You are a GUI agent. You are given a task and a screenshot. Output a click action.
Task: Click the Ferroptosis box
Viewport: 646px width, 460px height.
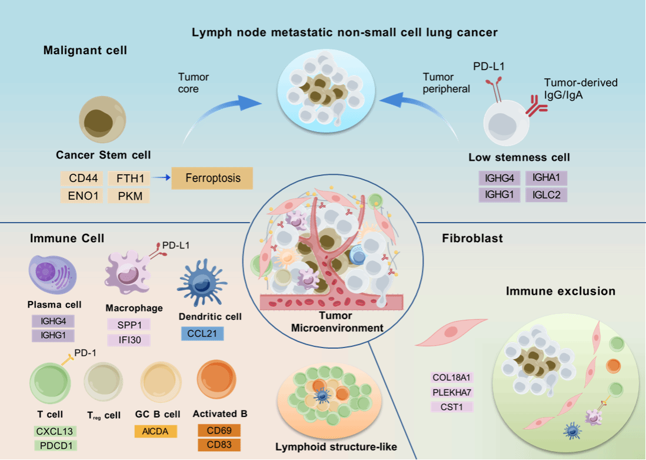tap(212, 178)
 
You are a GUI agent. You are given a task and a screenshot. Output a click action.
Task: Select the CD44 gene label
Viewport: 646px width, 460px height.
tap(82, 177)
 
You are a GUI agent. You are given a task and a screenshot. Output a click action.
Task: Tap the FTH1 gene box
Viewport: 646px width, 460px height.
tap(129, 177)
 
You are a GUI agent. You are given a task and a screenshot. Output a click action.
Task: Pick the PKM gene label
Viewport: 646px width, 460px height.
tap(129, 196)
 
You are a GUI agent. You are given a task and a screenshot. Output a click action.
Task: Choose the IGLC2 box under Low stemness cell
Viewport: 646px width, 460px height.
tap(546, 195)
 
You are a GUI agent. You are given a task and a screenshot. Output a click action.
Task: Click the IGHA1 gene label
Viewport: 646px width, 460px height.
tap(546, 177)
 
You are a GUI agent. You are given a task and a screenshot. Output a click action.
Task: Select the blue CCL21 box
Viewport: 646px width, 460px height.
tap(202, 333)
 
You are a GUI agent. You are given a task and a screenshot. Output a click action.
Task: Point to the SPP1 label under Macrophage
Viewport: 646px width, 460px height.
tap(129, 324)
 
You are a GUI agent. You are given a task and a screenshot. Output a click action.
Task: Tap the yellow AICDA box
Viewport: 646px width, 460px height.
tap(155, 432)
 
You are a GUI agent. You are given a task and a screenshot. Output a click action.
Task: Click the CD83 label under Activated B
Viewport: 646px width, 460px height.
tap(219, 445)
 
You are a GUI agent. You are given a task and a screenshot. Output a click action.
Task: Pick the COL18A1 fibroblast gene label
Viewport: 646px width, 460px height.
tap(452, 378)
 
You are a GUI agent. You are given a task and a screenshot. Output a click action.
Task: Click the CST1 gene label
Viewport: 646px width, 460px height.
tap(452, 406)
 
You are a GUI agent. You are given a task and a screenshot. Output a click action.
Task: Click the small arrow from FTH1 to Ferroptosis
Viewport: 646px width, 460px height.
tap(161, 177)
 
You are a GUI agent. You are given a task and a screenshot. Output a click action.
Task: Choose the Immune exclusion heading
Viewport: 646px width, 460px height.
tap(560, 291)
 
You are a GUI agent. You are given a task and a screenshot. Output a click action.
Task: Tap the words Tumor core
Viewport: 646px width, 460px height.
tap(194, 83)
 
